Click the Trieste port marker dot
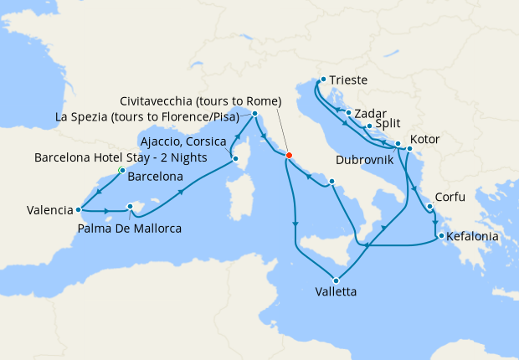322,80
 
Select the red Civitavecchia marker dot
288,154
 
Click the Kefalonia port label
473,237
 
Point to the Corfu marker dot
429,206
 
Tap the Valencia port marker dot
78,210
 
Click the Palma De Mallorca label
130,228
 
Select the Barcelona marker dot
122,170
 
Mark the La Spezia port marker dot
254,113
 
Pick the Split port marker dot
369,126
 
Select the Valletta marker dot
337,280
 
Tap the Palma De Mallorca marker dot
130,206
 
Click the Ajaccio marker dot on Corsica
235,158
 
